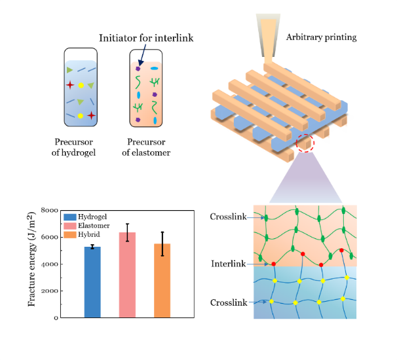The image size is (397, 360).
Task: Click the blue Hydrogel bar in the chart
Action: click(x=92, y=282)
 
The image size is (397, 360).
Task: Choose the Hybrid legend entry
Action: click(x=85, y=234)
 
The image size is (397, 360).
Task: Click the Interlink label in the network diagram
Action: click(x=229, y=264)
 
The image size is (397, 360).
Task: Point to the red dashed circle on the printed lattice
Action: click(x=306, y=143)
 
